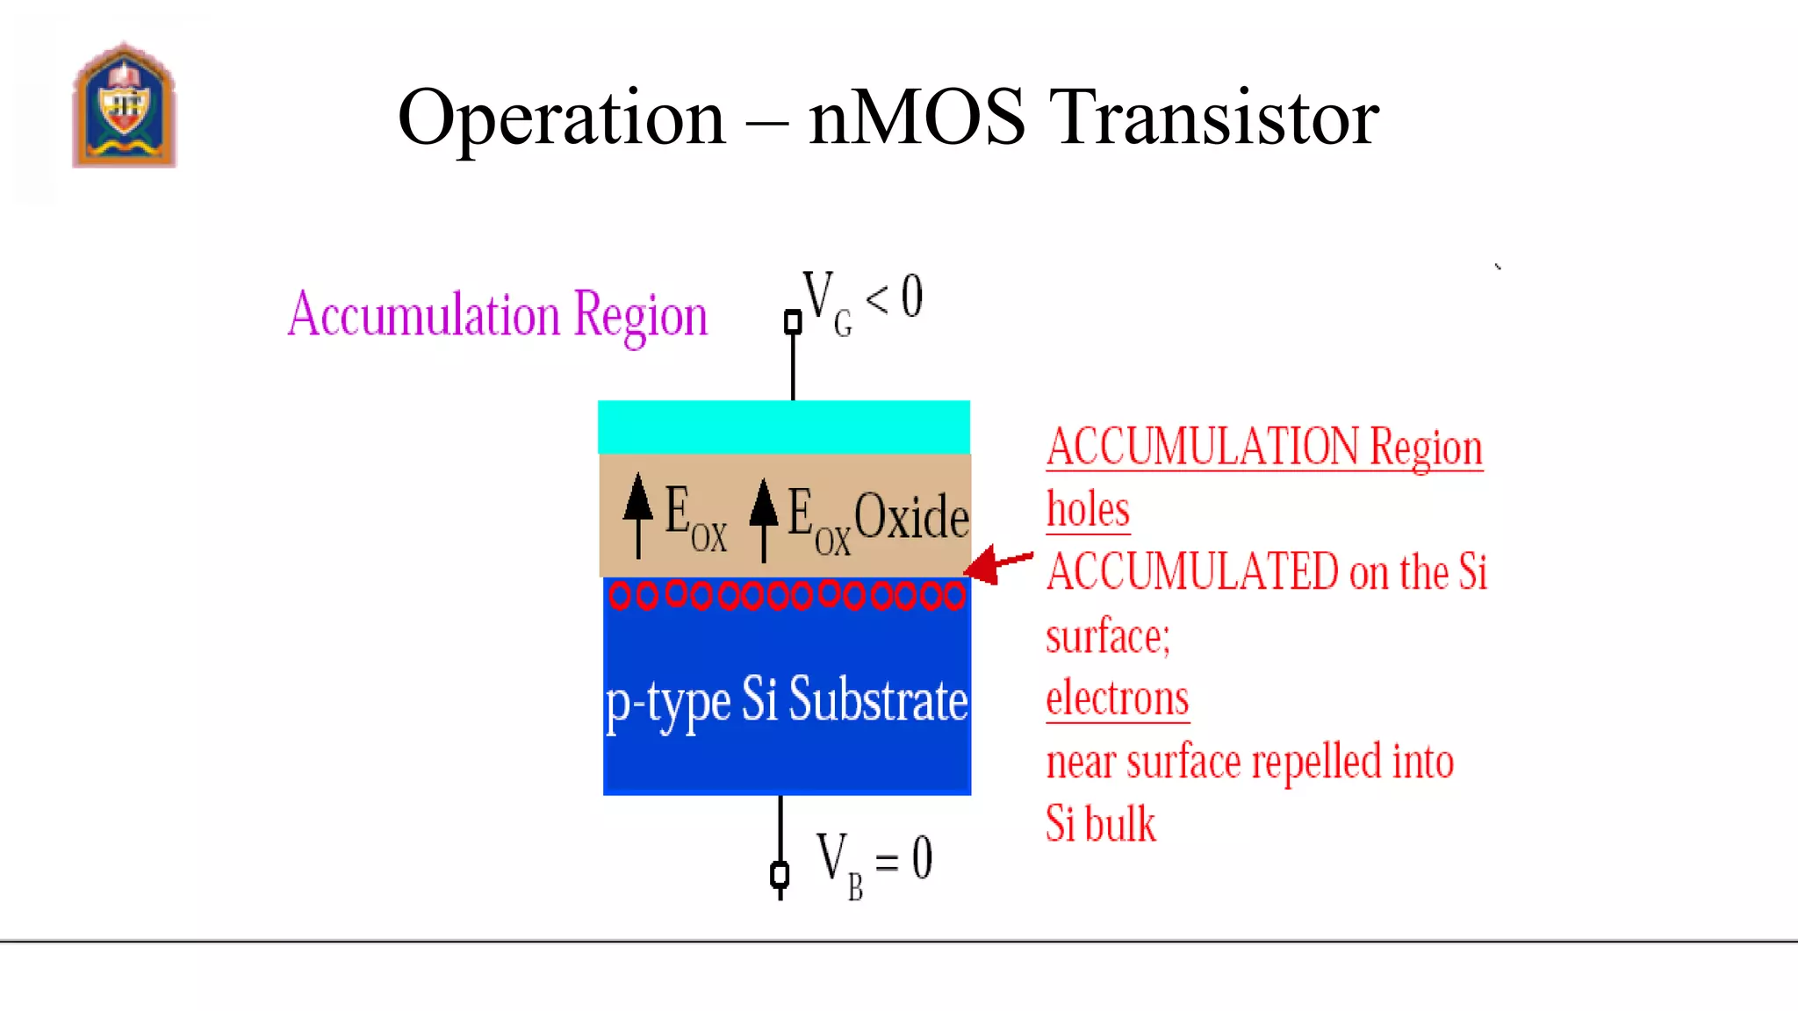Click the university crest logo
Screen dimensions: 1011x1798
pos(124,106)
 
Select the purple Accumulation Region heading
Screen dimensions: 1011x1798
pos(497,315)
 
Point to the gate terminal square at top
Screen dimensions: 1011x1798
pos(793,322)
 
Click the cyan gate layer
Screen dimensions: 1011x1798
pos(784,427)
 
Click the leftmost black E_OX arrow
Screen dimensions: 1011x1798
pos(638,514)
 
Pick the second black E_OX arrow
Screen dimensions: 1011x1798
pos(764,518)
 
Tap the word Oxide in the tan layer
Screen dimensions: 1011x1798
pos(911,516)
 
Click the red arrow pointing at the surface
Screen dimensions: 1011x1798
pos(998,563)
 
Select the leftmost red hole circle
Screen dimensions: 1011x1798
pos(620,597)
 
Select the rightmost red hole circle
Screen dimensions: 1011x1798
pos(955,597)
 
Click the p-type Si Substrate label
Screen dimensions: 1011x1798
pos(787,701)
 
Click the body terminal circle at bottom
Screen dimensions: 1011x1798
pos(780,875)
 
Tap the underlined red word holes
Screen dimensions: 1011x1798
pos(1088,510)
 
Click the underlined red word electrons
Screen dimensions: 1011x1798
pos(1117,699)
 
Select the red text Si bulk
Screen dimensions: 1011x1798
pos(1100,824)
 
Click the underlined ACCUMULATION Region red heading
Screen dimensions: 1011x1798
pos(1264,448)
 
